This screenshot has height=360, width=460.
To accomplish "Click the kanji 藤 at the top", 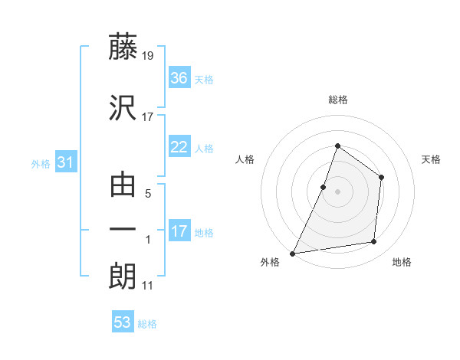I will click(x=123, y=48).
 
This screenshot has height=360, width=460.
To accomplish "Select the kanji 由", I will click(x=123, y=185).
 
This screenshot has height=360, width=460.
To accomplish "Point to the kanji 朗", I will click(x=123, y=277).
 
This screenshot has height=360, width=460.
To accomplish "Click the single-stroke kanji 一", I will click(x=123, y=230).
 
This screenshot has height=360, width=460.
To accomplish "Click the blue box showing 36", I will click(x=179, y=78).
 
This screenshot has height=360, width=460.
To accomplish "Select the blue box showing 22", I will click(x=179, y=148).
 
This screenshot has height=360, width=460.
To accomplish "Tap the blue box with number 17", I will click(x=179, y=231).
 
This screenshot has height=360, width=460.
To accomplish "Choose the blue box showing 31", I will click(x=65, y=162).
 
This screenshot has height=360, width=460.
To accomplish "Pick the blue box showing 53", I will click(x=122, y=322).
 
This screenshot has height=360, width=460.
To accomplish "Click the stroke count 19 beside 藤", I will click(x=149, y=55).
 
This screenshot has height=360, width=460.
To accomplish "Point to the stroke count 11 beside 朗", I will click(x=148, y=286).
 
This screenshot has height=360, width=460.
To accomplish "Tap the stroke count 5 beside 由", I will click(x=147, y=194).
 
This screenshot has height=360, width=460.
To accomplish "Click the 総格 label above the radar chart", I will click(x=337, y=100).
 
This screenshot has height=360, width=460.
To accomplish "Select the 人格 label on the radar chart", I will click(x=245, y=159).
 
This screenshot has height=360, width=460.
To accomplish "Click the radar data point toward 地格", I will click(x=374, y=242).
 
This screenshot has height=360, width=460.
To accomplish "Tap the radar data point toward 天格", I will click(x=382, y=178).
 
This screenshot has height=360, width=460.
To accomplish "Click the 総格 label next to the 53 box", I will click(x=147, y=324).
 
